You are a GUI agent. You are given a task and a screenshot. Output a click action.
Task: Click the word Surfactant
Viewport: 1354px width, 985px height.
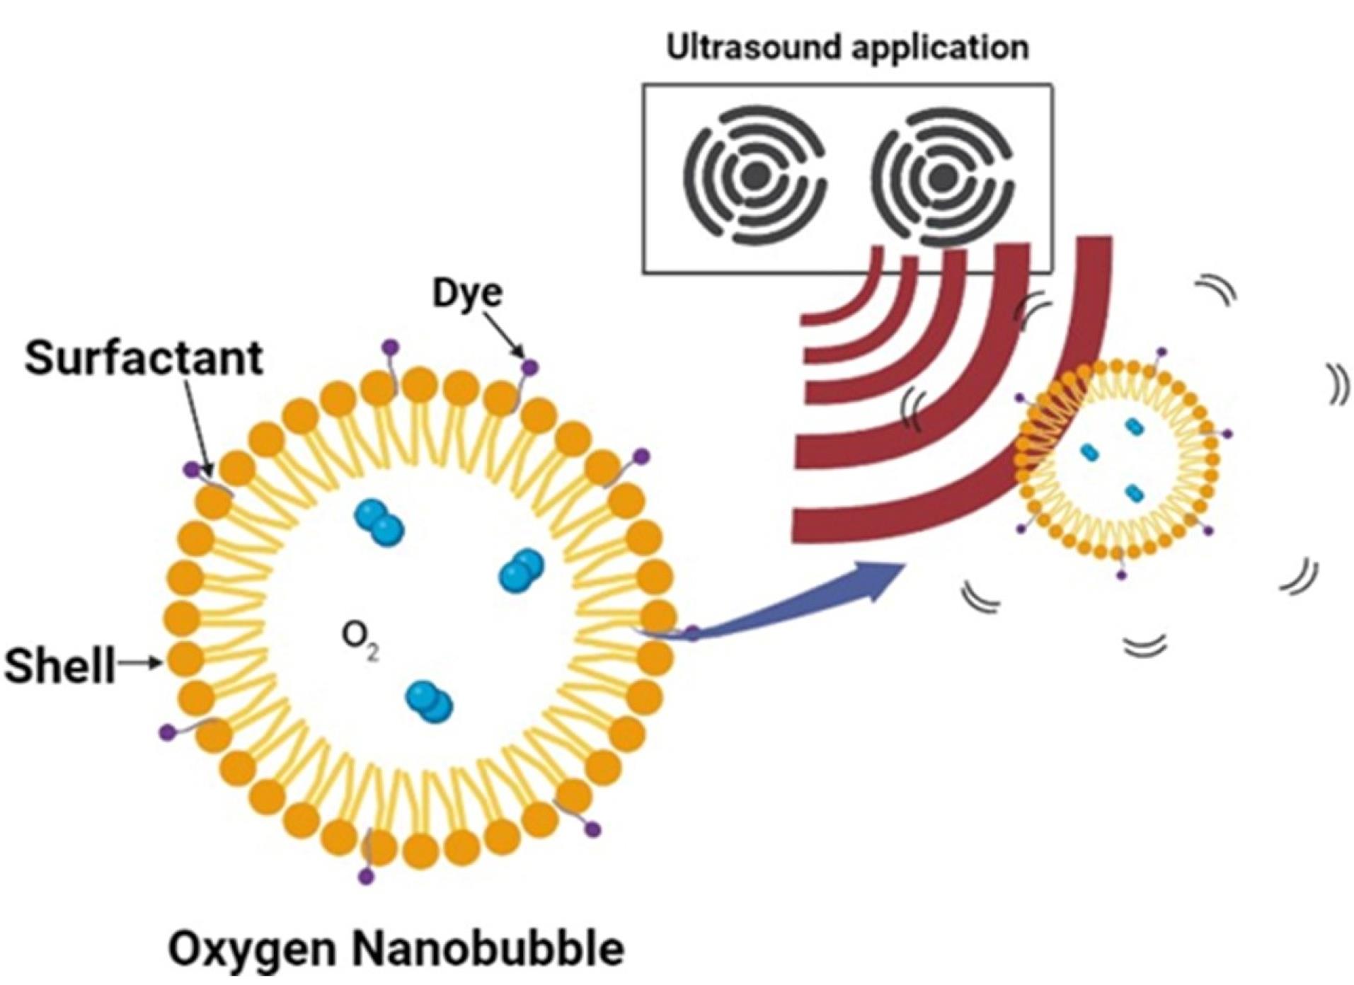(144, 358)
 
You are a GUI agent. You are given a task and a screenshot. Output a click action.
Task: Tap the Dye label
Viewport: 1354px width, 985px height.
(467, 292)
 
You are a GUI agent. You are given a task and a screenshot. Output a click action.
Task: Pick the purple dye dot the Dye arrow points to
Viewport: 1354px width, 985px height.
(530, 367)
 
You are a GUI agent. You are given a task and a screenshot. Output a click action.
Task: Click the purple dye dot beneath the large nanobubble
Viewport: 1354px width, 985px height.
(366, 877)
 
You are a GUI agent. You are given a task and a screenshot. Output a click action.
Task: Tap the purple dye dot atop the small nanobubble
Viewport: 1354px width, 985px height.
(1160, 351)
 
